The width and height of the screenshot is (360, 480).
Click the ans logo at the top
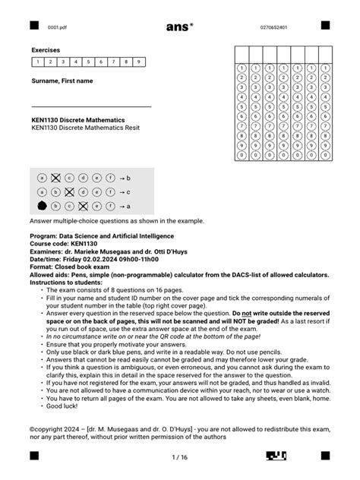pos(178,27)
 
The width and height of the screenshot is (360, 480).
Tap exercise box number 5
pos(88,62)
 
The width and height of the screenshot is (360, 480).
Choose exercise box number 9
pos(138,62)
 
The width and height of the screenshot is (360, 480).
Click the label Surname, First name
pos(62,81)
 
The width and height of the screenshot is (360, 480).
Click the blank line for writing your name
pos(91,106)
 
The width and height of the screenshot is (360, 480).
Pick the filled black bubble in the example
pos(42,206)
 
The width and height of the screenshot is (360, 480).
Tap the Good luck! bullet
pos(62,406)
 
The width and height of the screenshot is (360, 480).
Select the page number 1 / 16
pos(179,457)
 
